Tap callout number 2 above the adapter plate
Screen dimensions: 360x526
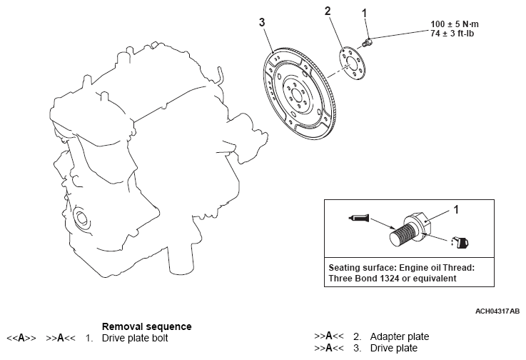(x=328, y=11)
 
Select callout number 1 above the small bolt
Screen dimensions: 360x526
(x=365, y=12)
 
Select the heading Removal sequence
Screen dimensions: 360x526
(x=146, y=326)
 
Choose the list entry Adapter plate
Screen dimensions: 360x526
(x=399, y=336)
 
